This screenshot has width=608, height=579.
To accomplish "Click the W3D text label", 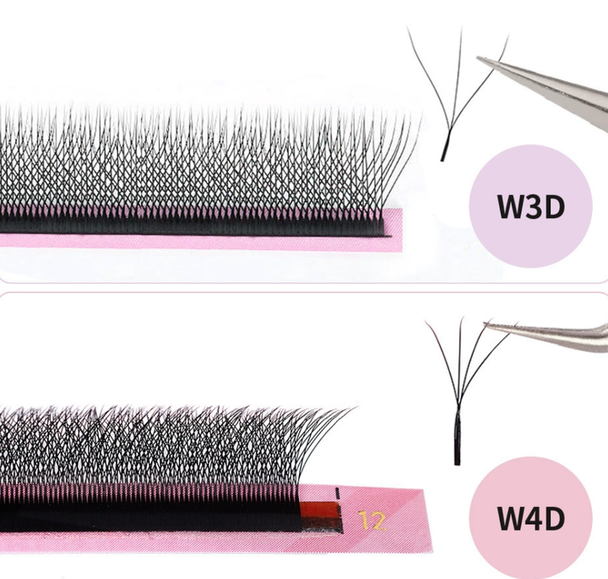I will [530, 205].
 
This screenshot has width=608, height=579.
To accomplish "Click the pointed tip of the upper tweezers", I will [478, 58].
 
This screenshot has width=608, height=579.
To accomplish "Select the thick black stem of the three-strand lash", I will [444, 148].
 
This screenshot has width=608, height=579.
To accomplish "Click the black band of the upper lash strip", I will [194, 223].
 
